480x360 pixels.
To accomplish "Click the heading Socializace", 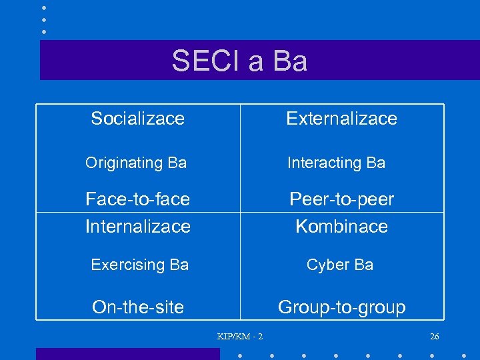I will point(137,119).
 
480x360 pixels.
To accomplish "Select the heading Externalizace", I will point(341,119).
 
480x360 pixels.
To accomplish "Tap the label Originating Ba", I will point(136,163).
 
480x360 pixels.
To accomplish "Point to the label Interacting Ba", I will point(336,163).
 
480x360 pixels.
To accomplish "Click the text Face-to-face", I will point(137,199).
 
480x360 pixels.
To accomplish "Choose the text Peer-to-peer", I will point(341,199).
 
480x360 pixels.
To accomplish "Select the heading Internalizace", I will point(138,227).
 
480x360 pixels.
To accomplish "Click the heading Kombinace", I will point(341,227).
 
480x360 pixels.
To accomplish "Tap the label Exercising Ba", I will point(139,265).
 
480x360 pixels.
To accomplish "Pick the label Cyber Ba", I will point(339,265).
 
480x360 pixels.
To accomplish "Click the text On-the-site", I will point(138,307).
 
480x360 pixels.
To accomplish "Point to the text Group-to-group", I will point(341,307).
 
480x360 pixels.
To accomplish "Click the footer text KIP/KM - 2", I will point(240,336).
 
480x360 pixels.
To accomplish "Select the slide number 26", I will point(435,336).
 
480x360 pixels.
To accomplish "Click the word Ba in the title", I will point(290,61).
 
